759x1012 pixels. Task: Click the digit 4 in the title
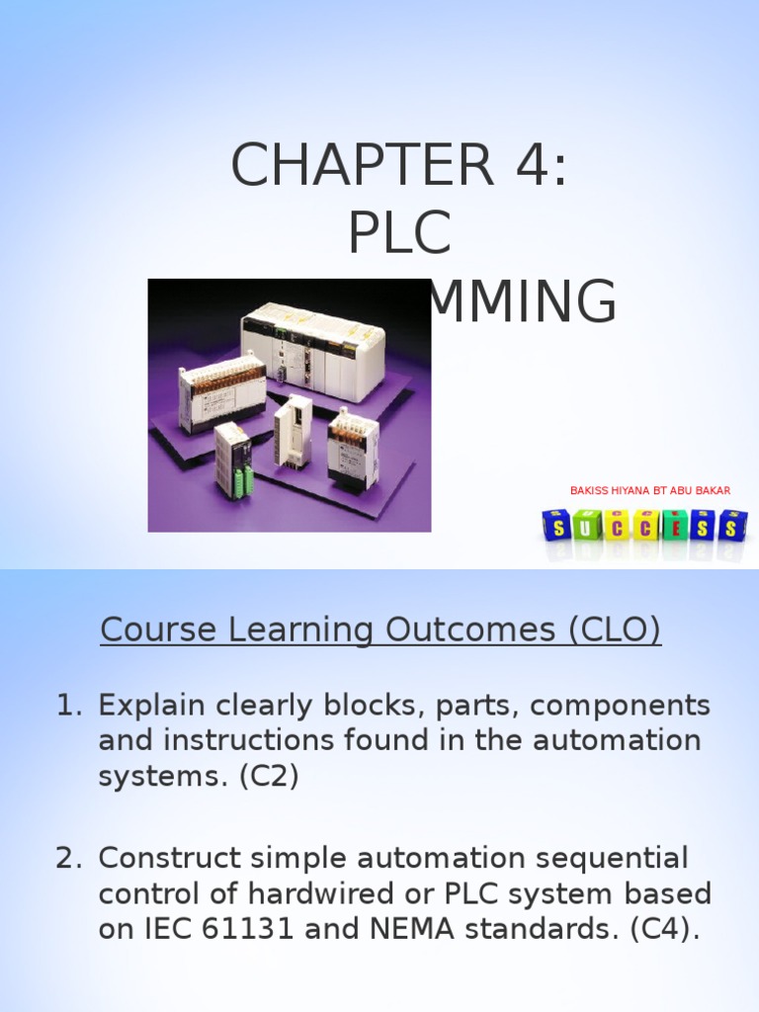point(524,165)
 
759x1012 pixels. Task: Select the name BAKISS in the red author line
point(590,491)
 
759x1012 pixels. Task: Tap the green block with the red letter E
point(674,526)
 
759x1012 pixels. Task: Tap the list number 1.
point(66,706)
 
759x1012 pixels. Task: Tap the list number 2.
point(66,858)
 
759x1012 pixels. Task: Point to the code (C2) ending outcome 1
point(269,777)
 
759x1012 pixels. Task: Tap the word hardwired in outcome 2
point(320,893)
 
